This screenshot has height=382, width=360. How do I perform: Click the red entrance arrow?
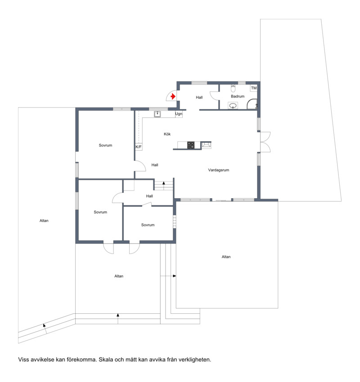173,97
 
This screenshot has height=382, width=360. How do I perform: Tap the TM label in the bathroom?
254,88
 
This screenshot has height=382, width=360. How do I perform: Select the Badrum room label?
238,96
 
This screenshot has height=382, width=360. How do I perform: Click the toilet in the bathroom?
233,88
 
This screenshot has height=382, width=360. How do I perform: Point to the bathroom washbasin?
233,106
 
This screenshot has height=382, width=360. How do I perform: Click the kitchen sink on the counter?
157,114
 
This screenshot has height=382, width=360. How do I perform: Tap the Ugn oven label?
179,114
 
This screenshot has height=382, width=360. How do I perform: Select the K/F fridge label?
139,147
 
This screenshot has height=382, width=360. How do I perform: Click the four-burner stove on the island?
191,145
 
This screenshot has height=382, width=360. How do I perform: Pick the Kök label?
167,134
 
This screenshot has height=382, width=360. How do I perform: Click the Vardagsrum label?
219,170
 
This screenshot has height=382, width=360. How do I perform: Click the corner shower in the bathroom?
252,104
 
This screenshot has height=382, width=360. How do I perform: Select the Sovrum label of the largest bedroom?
105,145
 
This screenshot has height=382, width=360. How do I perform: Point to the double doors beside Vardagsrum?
265,142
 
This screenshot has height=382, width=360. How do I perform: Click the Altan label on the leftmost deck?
44,221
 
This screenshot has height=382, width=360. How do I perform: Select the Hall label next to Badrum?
199,98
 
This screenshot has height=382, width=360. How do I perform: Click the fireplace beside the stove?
206,145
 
